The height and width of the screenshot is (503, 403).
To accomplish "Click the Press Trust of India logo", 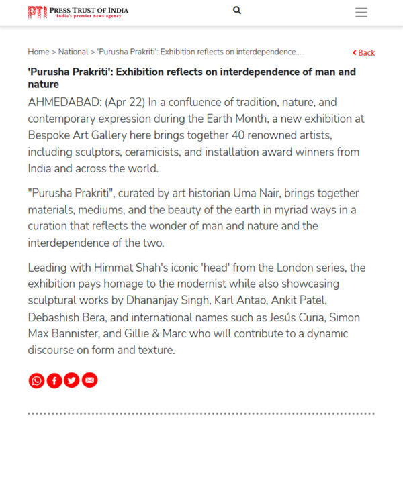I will (78, 12).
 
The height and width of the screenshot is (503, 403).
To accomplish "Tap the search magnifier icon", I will (237, 11).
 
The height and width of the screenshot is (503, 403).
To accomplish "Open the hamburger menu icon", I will (361, 12).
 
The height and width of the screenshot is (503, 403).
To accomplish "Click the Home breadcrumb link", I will (38, 52).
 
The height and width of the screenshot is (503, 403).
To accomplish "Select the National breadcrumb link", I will (73, 52).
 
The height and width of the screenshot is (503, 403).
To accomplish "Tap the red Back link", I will (363, 52).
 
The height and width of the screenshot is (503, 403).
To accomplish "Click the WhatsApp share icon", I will (36, 380).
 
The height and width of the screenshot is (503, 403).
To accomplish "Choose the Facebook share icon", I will (54, 380).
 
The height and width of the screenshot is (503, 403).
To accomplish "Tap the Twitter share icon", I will (71, 380).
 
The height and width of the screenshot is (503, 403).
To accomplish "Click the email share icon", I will (89, 380).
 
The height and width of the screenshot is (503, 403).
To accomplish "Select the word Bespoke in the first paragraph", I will (48, 135).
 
